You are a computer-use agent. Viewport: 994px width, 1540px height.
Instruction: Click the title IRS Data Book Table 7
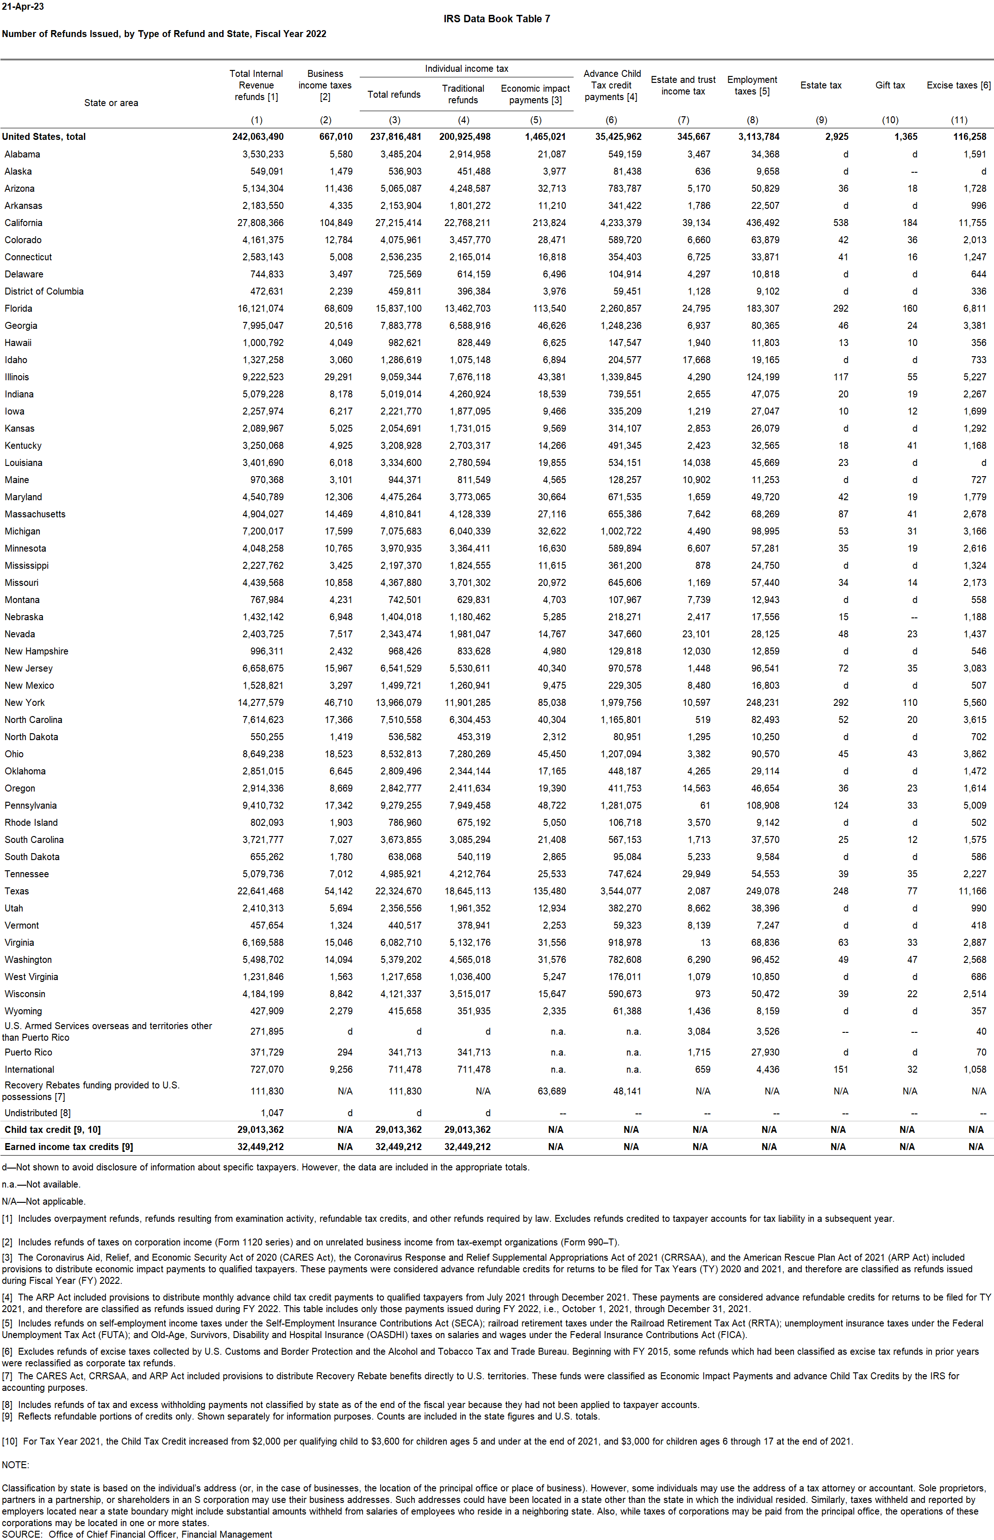[496, 19]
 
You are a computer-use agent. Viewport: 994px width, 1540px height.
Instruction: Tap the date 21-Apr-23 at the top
[23, 6]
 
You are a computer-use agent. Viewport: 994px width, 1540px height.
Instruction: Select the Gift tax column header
[890, 85]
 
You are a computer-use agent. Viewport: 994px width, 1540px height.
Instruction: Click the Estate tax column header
[820, 85]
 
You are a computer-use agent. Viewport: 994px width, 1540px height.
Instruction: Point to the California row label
[23, 223]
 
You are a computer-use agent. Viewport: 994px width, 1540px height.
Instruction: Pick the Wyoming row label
[23, 1011]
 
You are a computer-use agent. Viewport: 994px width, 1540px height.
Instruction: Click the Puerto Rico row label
[28, 1052]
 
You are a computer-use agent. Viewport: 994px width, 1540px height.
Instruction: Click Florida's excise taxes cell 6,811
[975, 308]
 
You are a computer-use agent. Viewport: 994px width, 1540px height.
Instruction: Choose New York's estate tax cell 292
[840, 703]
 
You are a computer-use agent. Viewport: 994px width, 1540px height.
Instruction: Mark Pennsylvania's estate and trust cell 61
[705, 805]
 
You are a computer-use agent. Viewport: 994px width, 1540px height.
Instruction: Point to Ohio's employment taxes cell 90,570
[765, 754]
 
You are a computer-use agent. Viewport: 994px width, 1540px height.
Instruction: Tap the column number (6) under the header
[611, 120]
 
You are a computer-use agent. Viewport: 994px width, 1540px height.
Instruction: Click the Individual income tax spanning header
[466, 69]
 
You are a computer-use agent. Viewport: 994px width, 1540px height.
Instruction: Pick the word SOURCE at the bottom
[22, 1534]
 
